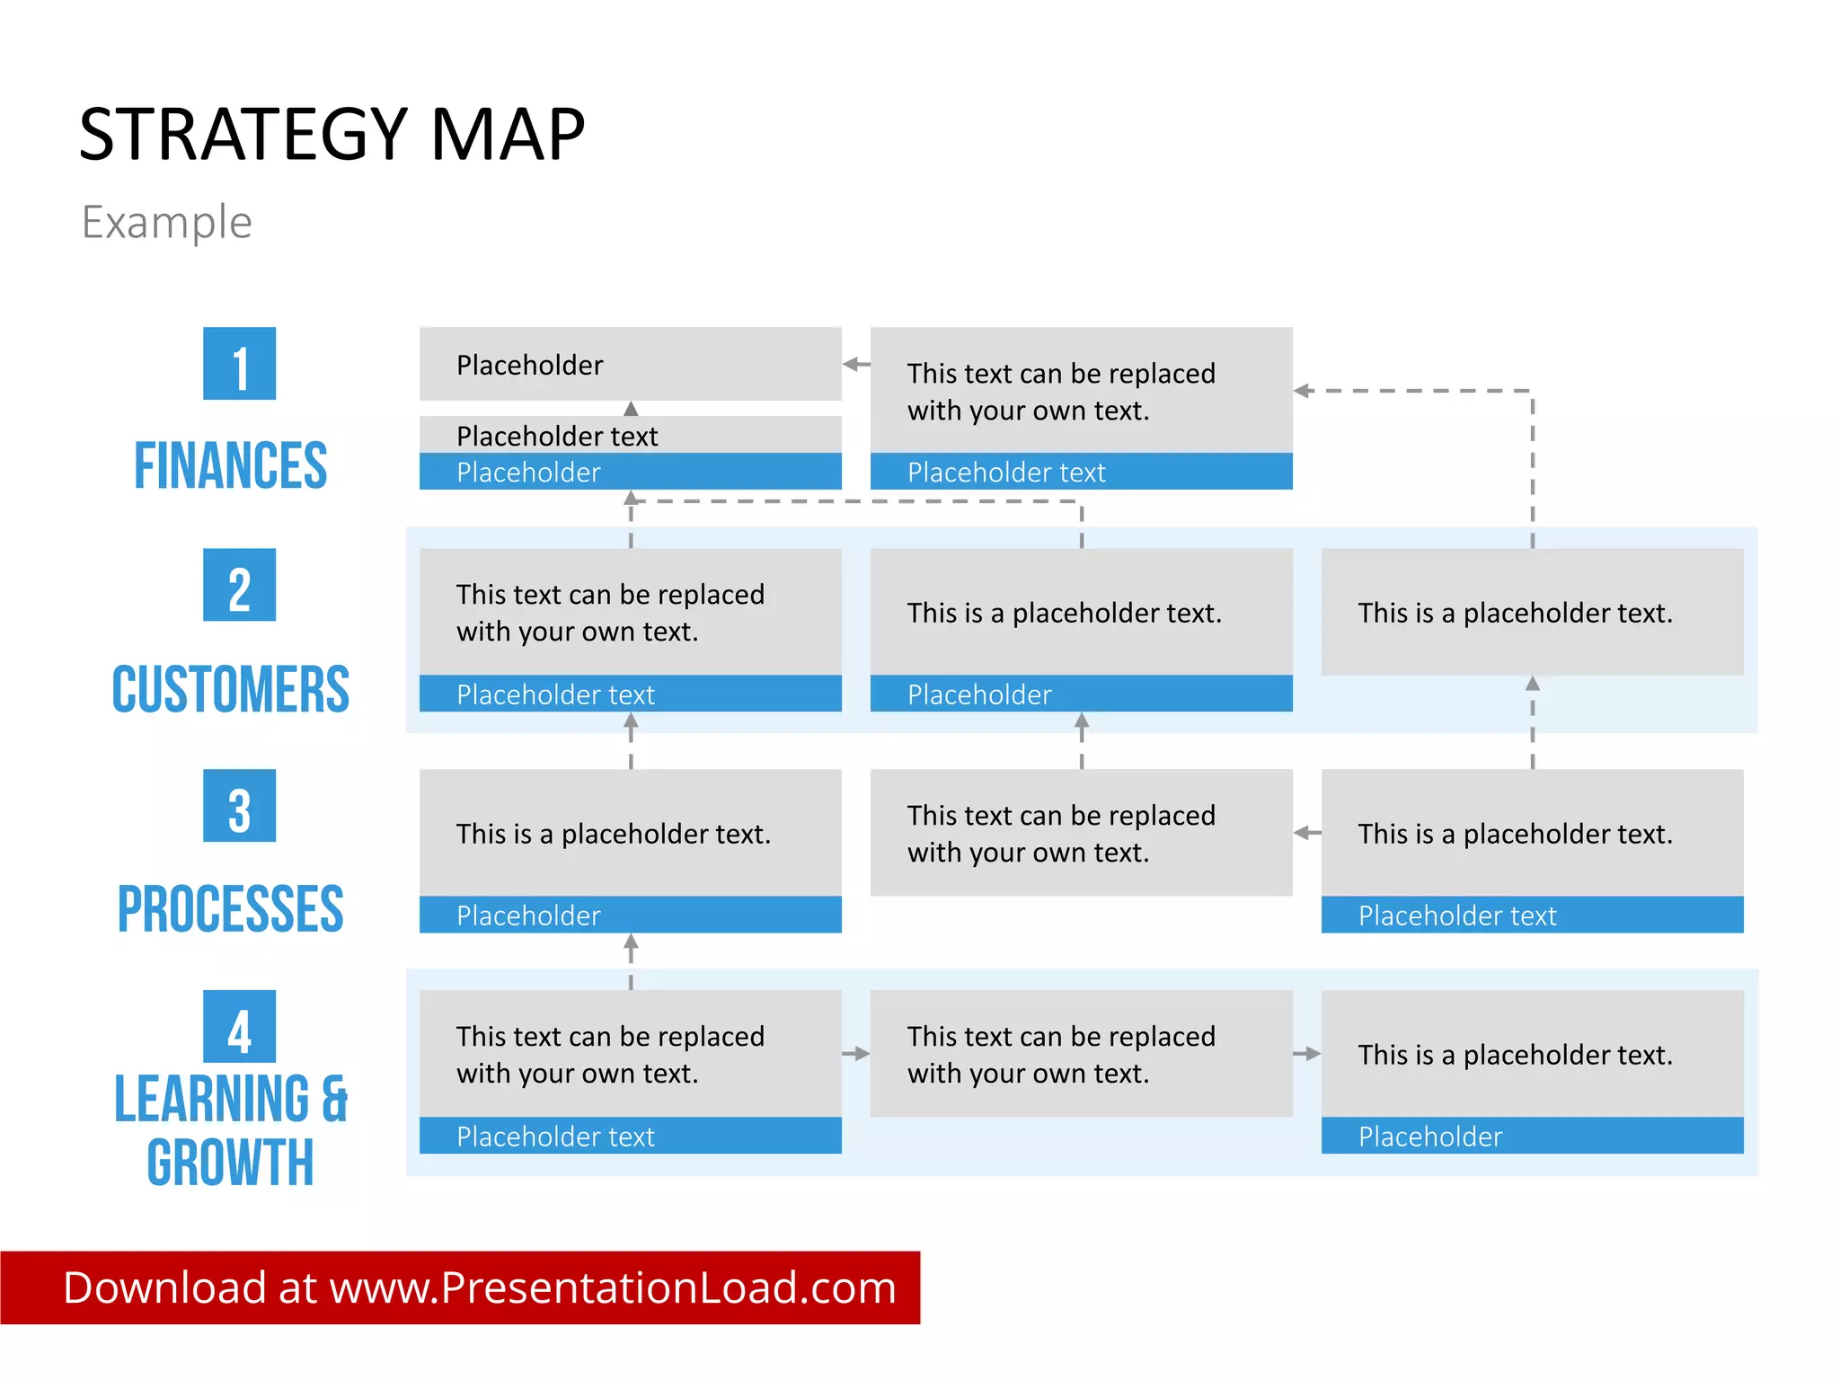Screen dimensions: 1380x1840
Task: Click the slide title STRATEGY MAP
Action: [332, 135]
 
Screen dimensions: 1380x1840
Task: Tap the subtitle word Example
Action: [166, 222]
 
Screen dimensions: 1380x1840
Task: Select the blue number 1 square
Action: [239, 364]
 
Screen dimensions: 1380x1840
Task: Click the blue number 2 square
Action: [239, 585]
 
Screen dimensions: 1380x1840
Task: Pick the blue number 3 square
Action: [239, 806]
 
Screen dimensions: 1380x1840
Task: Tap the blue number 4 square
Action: [239, 1027]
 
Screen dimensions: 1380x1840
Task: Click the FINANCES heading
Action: [231, 465]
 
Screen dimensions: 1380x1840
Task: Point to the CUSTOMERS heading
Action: [231, 689]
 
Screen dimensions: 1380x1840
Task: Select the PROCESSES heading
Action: [231, 908]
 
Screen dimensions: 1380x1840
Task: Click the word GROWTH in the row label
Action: [231, 1163]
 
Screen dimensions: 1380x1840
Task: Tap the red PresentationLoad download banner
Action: [460, 1287]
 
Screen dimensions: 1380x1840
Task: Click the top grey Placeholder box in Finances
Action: [630, 364]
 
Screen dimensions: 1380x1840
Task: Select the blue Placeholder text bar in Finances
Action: [1081, 472]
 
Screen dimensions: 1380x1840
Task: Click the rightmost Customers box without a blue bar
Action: [1532, 612]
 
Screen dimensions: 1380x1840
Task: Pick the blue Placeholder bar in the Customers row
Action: [1081, 694]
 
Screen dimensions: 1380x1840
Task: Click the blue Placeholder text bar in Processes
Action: [1532, 915]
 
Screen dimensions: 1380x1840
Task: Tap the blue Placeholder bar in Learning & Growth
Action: [1532, 1136]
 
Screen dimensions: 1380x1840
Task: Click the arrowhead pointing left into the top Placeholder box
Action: [851, 364]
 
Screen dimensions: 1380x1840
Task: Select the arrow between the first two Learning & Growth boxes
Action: [857, 1054]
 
